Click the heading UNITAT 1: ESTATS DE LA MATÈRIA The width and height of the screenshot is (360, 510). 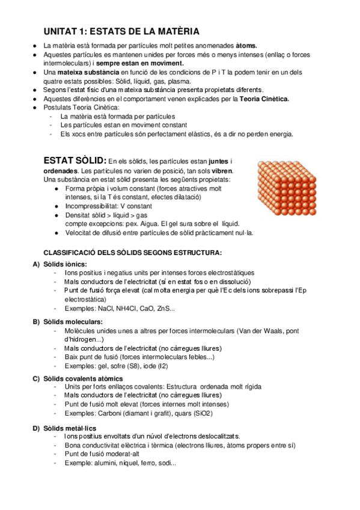tap(122, 32)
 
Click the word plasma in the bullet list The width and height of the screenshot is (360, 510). tap(180, 81)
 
